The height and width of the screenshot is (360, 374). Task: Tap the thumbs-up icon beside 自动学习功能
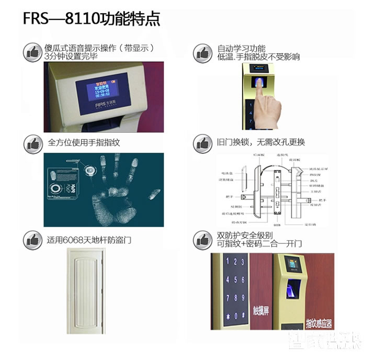pyautogui.click(x=202, y=52)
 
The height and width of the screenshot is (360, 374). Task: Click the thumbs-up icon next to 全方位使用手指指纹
pyautogui.click(x=33, y=144)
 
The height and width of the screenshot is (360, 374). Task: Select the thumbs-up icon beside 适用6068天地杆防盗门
pyautogui.click(x=33, y=239)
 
